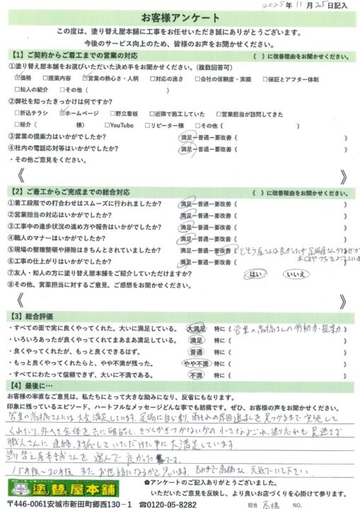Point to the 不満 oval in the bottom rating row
196,377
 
